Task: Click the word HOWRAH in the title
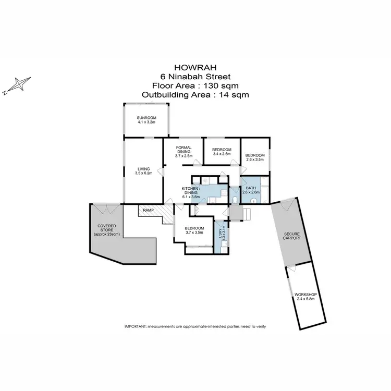(195, 67)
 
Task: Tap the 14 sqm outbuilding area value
(235, 95)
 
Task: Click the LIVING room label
(143, 168)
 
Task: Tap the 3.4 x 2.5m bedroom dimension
(222, 154)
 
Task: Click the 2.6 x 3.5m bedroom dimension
(255, 160)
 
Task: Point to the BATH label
(251, 188)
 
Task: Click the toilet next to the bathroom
(235, 199)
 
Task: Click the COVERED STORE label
(106, 228)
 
